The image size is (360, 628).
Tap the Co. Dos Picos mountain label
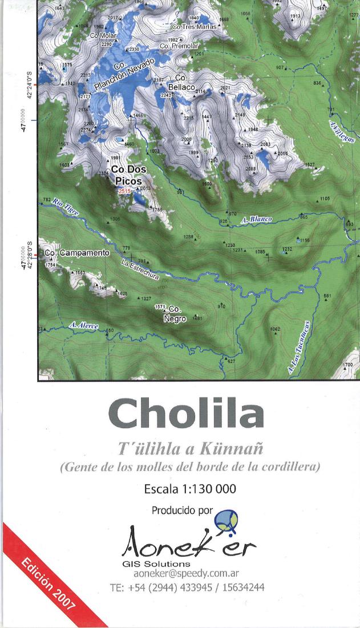click(x=129, y=175)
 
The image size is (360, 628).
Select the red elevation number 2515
click(x=125, y=192)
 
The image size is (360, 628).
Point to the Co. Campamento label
click(x=76, y=252)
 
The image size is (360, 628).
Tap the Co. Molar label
click(x=103, y=35)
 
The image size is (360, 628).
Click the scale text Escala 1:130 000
click(x=191, y=490)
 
